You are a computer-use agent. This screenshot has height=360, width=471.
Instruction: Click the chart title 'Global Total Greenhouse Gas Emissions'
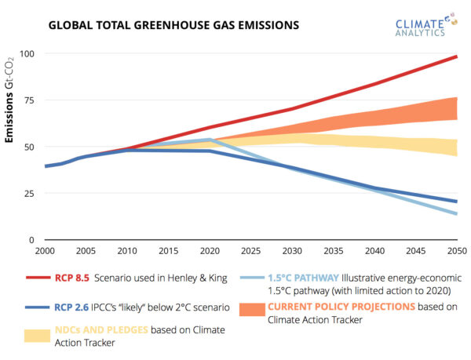[x=173, y=25]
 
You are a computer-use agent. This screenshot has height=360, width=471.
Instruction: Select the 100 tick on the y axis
[x=29, y=53]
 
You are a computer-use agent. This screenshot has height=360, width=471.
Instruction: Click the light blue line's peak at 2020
[x=210, y=140]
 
